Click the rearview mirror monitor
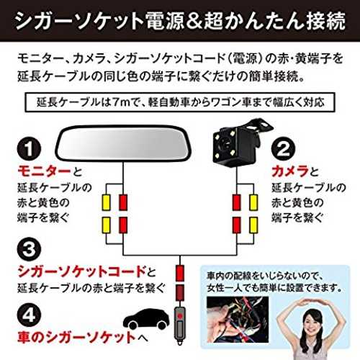click(123, 143)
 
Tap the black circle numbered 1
click(29, 148)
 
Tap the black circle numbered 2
click(284, 148)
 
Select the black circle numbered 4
click(29, 315)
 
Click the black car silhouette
click(146, 319)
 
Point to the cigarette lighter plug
click(179, 325)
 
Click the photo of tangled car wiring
click(238, 320)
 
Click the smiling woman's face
click(311, 321)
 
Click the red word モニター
click(45, 171)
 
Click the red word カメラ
click(290, 171)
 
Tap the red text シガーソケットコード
click(81, 271)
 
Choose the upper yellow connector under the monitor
click(106, 202)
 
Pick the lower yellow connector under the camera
click(253, 225)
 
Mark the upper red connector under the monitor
click(123, 202)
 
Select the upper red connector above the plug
click(180, 273)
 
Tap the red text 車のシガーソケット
click(77, 337)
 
